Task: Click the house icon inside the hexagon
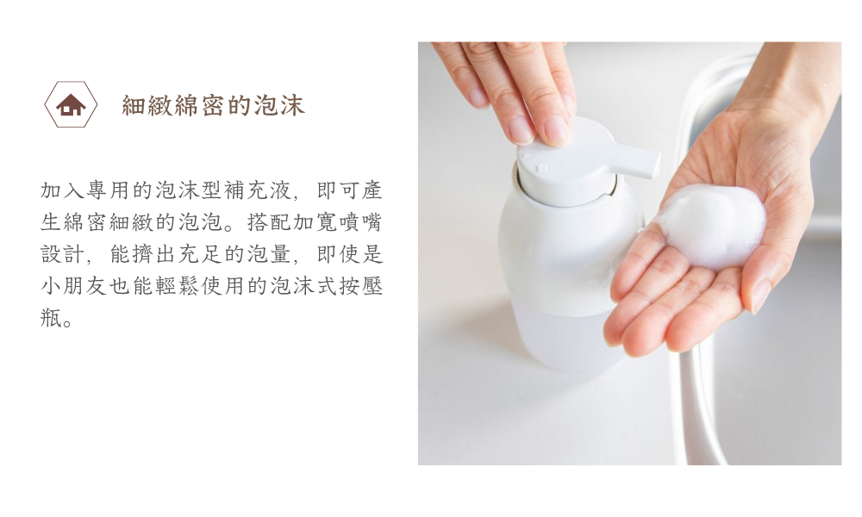click(71, 106)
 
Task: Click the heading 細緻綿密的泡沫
click(213, 106)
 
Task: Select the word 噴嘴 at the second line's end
click(362, 222)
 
